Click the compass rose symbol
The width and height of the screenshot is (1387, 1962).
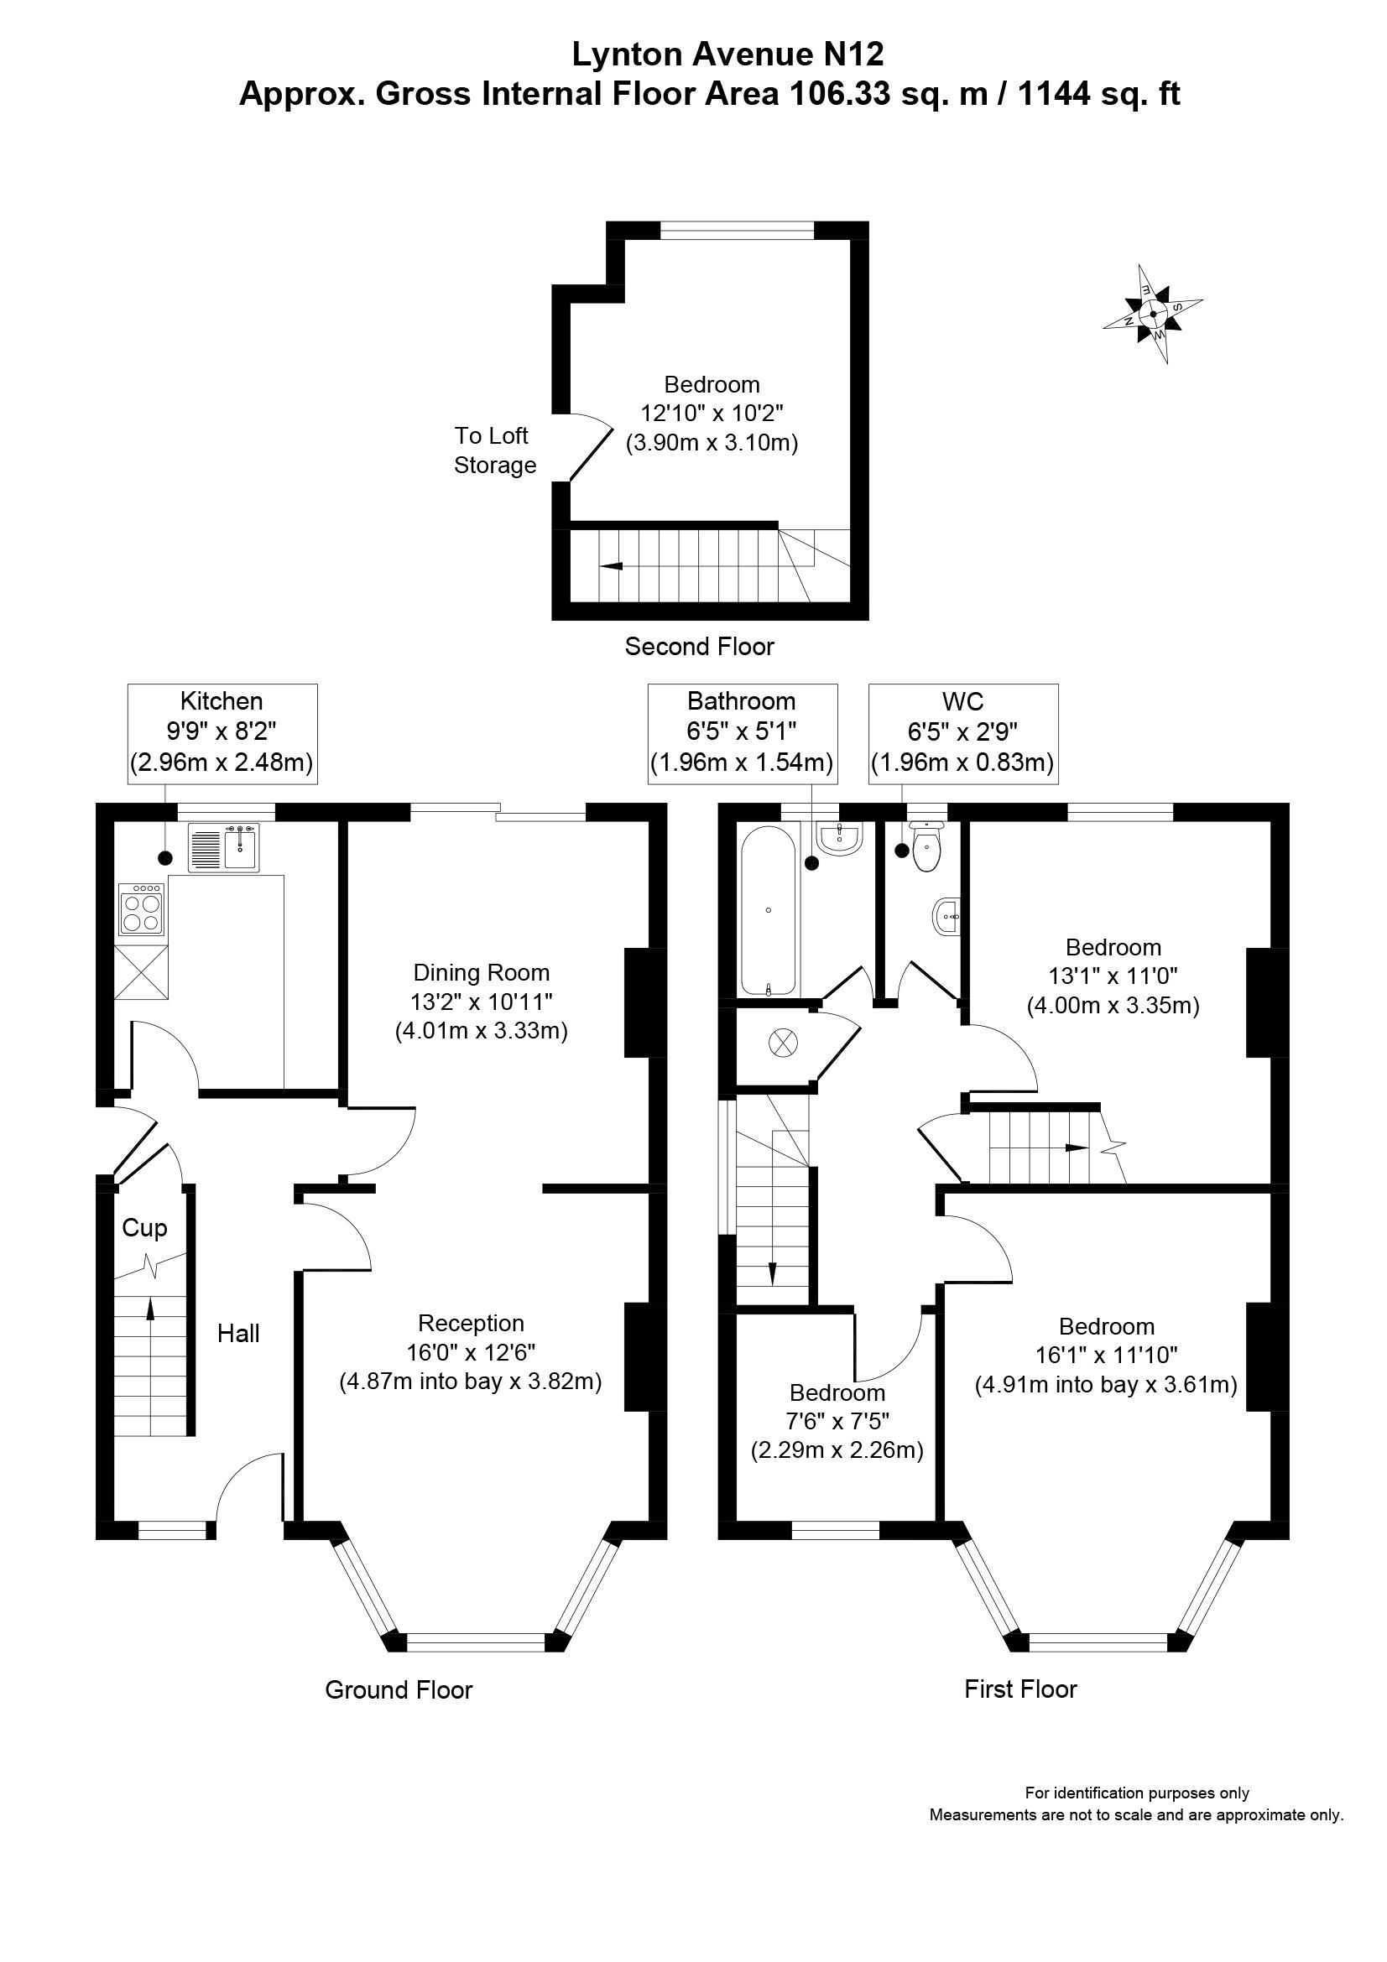(x=1153, y=314)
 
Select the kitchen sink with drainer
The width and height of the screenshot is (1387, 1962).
(x=224, y=848)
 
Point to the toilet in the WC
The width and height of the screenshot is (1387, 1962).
(x=926, y=846)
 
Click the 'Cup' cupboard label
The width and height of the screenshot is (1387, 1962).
(x=144, y=1228)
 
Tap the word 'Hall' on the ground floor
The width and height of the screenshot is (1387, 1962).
(x=237, y=1333)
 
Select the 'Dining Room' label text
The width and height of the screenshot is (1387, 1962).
(x=481, y=972)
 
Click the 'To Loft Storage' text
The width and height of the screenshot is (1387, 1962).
(x=494, y=450)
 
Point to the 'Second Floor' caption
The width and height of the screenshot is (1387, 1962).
(x=699, y=646)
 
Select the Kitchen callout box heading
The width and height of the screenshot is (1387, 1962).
(x=222, y=701)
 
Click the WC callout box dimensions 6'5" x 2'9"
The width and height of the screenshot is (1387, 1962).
(x=962, y=731)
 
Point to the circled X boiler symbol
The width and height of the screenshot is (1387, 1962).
(x=780, y=1041)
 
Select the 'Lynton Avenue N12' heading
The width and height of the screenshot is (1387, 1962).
(x=727, y=55)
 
